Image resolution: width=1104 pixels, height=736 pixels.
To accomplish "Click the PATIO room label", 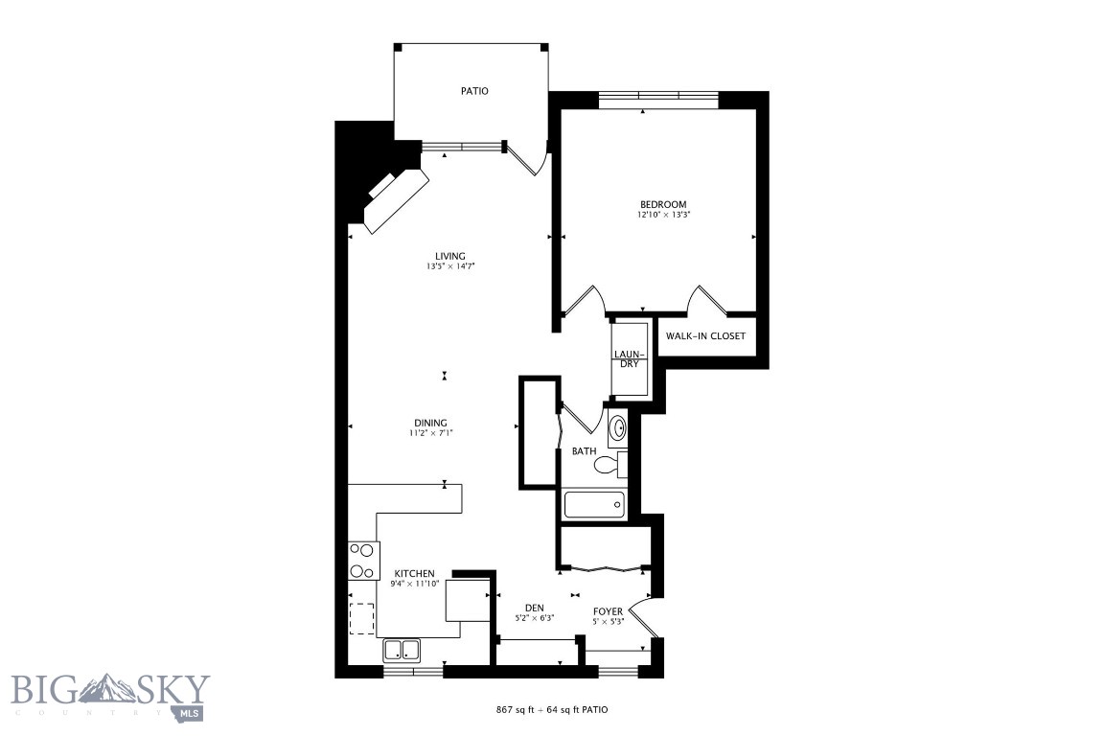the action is click(474, 91).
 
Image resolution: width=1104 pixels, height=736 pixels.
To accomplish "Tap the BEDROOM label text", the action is click(663, 204).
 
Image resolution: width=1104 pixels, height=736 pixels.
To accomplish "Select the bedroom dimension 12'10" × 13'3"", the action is click(663, 215).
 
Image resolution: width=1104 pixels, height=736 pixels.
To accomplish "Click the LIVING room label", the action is click(449, 256).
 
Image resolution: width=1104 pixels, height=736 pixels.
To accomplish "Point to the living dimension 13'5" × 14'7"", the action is click(449, 266).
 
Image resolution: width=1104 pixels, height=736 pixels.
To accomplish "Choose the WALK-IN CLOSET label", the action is click(705, 336).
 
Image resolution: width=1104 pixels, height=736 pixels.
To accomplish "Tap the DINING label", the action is click(430, 423).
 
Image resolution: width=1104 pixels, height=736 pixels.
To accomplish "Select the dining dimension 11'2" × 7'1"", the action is click(430, 433).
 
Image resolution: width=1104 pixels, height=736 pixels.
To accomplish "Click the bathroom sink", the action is click(617, 427).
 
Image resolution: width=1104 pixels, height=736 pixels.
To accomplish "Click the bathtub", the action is click(595, 505).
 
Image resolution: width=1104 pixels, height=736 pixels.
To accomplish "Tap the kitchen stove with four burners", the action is click(363, 561).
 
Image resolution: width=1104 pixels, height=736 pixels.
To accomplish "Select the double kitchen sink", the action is click(402, 651).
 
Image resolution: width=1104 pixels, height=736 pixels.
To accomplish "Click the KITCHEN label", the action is click(414, 573).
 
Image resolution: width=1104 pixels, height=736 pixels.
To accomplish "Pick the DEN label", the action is click(535, 608).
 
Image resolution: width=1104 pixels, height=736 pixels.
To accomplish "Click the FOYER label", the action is click(608, 611).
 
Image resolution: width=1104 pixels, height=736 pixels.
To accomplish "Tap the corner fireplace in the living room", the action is click(396, 198).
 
